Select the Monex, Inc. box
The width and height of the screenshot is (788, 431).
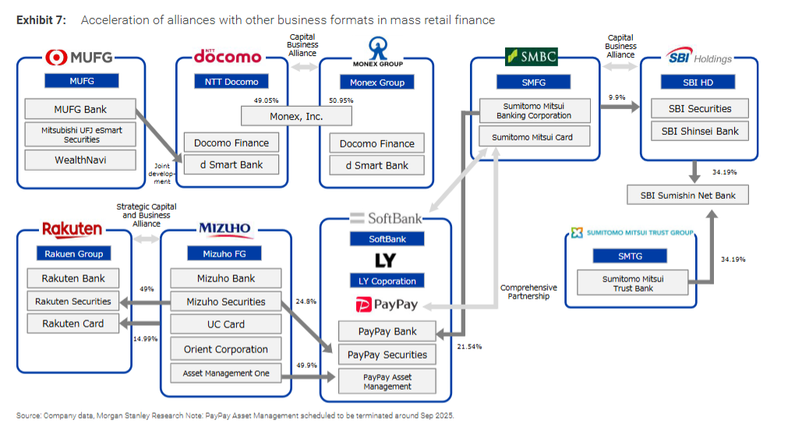pyautogui.click(x=296, y=116)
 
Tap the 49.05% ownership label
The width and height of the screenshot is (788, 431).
pyautogui.click(x=267, y=101)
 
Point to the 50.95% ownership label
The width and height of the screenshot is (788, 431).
pyautogui.click(x=341, y=101)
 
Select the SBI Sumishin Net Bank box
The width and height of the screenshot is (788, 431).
pyautogui.click(x=687, y=194)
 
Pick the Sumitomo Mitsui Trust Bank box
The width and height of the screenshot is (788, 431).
pyautogui.click(x=632, y=284)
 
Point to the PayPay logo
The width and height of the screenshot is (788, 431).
pyautogui.click(x=386, y=305)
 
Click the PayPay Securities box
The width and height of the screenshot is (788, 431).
pyautogui.click(x=387, y=355)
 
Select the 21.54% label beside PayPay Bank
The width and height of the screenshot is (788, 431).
pyautogui.click(x=468, y=344)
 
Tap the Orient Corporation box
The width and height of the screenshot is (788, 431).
pyautogui.click(x=225, y=349)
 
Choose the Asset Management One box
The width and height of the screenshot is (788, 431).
pyautogui.click(x=225, y=373)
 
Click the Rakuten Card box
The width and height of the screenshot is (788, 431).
pyautogui.click(x=73, y=323)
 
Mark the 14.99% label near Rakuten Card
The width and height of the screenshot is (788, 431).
pyautogui.click(x=146, y=339)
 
